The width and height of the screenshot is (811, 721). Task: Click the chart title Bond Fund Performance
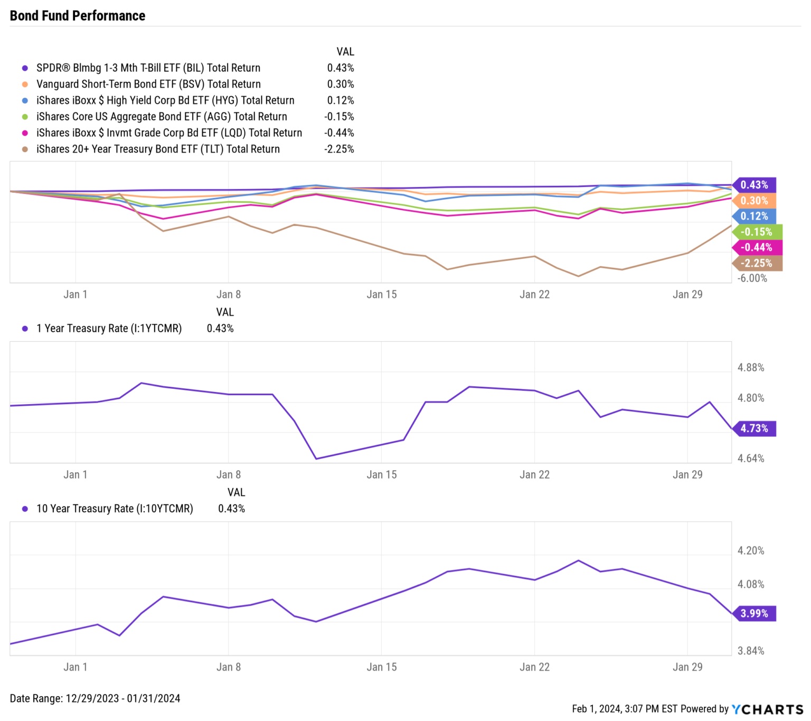point(77,16)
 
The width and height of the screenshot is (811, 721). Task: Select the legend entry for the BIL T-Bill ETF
point(148,68)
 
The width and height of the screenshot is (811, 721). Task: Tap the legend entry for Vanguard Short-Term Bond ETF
point(148,85)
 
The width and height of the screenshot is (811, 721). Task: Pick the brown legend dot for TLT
point(25,149)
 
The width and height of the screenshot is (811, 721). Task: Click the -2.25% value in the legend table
point(340,149)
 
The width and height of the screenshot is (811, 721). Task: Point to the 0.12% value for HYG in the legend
point(341,100)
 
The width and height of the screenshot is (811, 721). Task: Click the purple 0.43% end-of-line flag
point(754,185)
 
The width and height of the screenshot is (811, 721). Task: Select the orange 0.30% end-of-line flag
point(754,201)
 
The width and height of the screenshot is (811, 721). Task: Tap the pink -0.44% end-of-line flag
point(756,247)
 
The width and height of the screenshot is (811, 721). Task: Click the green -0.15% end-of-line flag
point(756,232)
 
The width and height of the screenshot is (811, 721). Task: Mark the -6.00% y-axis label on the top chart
point(752,278)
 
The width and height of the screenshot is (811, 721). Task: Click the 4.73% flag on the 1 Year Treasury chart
point(754,428)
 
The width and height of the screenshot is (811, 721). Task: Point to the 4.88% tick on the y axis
point(751,368)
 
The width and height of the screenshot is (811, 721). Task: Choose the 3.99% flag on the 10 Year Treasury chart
point(754,613)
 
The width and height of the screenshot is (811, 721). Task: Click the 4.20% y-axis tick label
point(751,551)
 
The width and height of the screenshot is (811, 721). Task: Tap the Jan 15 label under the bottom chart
point(381,667)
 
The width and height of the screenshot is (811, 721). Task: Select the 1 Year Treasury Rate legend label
point(109,329)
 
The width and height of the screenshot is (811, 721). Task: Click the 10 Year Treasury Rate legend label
point(115,509)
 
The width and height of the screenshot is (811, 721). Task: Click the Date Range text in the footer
point(95,698)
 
